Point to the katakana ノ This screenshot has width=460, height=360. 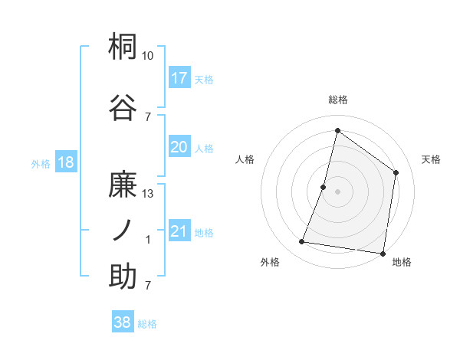pos(123,231)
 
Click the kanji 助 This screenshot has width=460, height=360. pos(123,276)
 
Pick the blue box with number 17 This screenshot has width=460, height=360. pos(179,78)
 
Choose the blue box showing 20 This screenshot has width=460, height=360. pos(179,148)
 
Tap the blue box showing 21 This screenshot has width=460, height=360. pos(179,232)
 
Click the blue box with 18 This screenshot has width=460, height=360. pos(65,162)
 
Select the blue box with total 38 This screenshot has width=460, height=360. pos(123,323)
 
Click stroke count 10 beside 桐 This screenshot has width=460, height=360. pos(147,56)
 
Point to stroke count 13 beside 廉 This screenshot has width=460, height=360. pos(147,194)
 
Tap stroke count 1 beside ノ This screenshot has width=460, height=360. pos(148,240)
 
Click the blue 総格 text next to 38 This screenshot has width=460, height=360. pos(147,324)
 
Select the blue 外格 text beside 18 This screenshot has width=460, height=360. pos(41,163)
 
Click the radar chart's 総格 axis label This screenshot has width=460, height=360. pos(337,100)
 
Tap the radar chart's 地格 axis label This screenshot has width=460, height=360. pos(402,263)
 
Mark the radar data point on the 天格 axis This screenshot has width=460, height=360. pos(396,172)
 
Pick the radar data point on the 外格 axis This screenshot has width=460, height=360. pos(301,242)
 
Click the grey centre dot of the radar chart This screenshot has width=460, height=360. pos(337,191)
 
